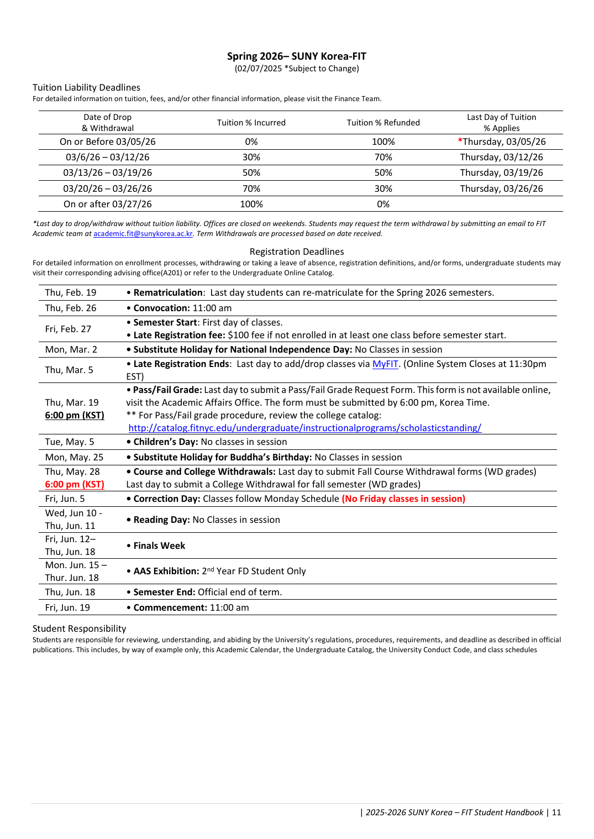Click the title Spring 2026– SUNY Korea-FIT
tap(296, 56)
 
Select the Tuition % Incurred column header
tap(251, 123)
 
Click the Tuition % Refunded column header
tap(383, 123)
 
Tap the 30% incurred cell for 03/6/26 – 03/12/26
tap(251, 158)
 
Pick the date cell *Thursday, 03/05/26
tap(502, 142)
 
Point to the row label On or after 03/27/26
tap(107, 204)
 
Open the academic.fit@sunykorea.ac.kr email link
tap(143, 234)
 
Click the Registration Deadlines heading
tap(296, 252)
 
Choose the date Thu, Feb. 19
tap(71, 293)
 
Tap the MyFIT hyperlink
tap(385, 364)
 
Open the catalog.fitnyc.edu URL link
tap(304, 428)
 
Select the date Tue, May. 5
tap(70, 442)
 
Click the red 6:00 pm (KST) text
tap(75, 485)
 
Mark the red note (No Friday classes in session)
tap(403, 499)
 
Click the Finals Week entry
tap(159, 546)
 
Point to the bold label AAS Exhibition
tap(166, 571)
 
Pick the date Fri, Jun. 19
tap(67, 608)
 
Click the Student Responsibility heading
tap(79, 629)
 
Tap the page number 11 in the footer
tap(556, 812)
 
